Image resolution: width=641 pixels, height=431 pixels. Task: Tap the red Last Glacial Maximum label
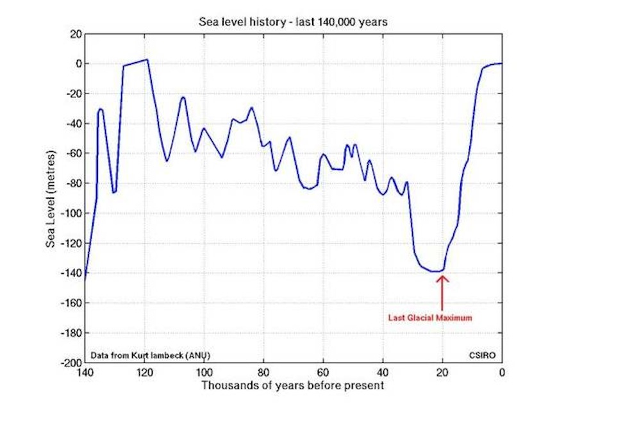tap(430, 317)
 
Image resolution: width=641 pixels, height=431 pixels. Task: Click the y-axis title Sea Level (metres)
tap(51, 199)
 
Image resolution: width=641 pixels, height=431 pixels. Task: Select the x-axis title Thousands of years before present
tap(293, 385)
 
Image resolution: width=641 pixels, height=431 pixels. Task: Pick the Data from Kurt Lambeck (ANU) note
tap(151, 355)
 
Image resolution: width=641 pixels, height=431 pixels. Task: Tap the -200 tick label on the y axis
tap(70, 363)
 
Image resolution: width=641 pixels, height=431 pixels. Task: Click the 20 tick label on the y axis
tap(74, 34)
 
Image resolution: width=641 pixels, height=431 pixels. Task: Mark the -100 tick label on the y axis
tap(70, 213)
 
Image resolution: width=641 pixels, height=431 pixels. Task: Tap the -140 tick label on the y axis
tap(70, 273)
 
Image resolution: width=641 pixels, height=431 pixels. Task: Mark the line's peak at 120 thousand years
tap(147, 60)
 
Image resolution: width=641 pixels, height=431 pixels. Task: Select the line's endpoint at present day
tap(501, 63)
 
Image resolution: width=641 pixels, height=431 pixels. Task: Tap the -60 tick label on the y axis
tap(72, 153)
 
